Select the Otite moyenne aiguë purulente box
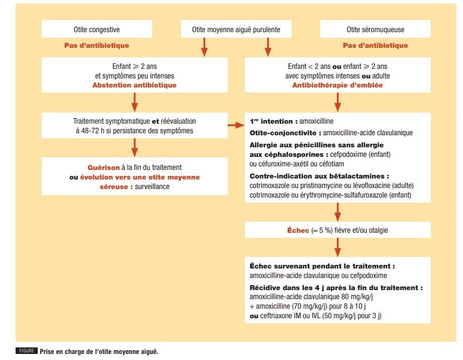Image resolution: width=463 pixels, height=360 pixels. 236,30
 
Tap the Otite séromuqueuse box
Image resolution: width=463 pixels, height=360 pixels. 375,30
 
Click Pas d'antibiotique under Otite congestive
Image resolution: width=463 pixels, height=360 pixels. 97,45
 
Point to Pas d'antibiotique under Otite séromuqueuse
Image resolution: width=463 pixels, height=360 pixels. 375,45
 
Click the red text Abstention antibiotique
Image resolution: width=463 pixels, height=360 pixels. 134,85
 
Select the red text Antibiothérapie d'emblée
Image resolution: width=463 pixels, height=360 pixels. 337,85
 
